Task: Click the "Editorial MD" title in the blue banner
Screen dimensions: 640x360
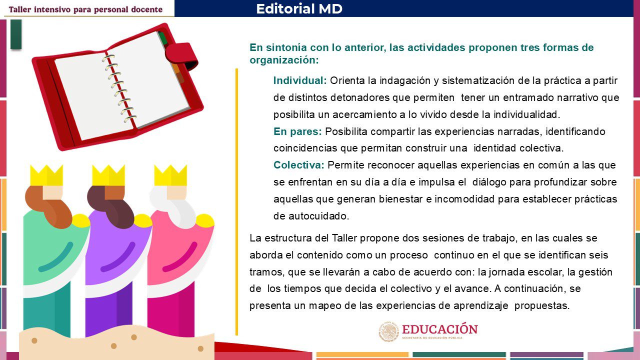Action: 299,8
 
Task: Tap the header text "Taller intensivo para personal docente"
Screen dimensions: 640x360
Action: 85,9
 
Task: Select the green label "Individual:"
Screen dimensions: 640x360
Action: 300,80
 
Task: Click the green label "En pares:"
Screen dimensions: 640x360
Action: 297,131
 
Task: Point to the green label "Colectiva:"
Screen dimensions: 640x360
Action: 299,165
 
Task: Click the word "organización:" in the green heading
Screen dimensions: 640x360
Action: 284,60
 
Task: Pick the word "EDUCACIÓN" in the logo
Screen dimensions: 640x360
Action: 439,329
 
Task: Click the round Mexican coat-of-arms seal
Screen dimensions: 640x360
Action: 388,331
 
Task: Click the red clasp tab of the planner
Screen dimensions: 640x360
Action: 181,55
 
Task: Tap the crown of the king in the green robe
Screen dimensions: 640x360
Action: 46,175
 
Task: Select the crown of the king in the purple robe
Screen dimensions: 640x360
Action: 108,175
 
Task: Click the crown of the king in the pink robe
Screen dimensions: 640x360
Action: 170,175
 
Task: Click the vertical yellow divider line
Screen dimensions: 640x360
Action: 236,201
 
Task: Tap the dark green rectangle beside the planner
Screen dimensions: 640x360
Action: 16,34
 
